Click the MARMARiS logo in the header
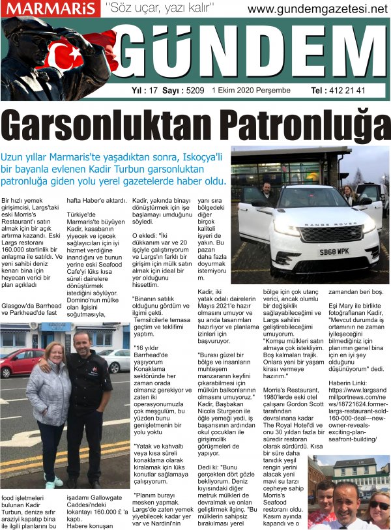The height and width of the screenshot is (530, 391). coord(49,8)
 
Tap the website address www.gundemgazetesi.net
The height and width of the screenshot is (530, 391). coord(317,9)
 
